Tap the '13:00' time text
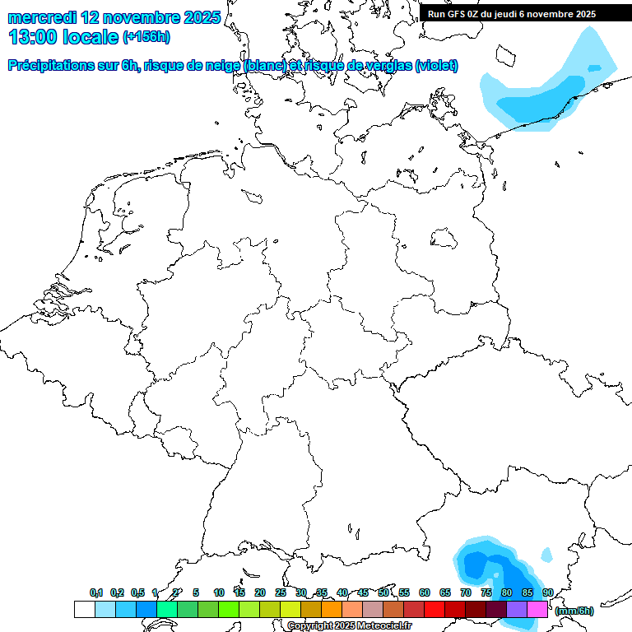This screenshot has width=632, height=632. coord(32,37)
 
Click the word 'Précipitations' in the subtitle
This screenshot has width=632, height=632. coord(49,66)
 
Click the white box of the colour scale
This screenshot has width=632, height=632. coord(84,610)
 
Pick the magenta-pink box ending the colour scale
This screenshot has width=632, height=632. coord(537,610)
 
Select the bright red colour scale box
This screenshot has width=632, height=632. coord(434,610)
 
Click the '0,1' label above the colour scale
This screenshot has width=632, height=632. coord(96,593)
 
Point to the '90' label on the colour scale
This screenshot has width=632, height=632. coord(547,593)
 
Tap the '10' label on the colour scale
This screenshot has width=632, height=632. coord(219,593)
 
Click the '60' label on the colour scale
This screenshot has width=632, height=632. coord(425,593)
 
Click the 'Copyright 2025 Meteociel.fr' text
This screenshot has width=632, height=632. coord(349,626)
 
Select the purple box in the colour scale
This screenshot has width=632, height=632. coord(517,610)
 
